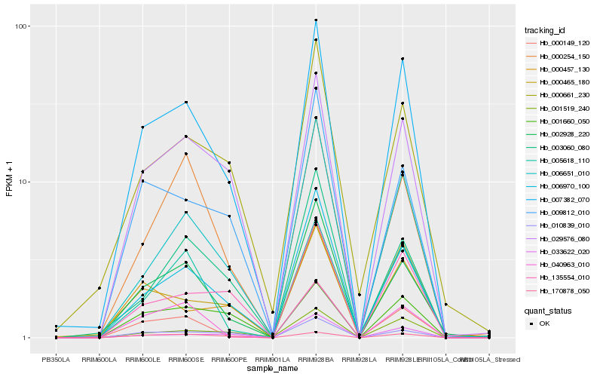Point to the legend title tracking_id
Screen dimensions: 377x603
click(x=551, y=30)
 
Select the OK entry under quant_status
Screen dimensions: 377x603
click(x=543, y=323)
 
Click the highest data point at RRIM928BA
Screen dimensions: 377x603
click(x=316, y=20)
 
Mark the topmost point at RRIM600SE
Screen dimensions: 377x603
click(x=186, y=102)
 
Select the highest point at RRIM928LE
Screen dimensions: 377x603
click(x=403, y=59)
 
